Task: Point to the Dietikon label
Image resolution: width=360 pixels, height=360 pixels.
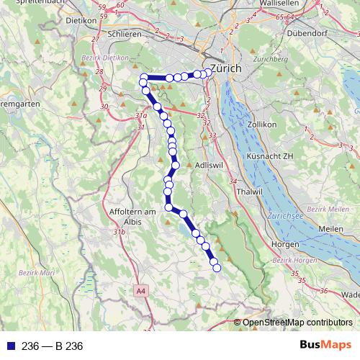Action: pos(81,21)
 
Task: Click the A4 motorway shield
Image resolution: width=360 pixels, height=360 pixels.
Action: pos(140,292)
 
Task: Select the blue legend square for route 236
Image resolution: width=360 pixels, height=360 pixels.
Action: pos(9,346)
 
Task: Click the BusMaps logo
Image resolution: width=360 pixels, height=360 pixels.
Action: pos(325,346)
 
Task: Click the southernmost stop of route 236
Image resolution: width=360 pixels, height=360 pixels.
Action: pos(215,269)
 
